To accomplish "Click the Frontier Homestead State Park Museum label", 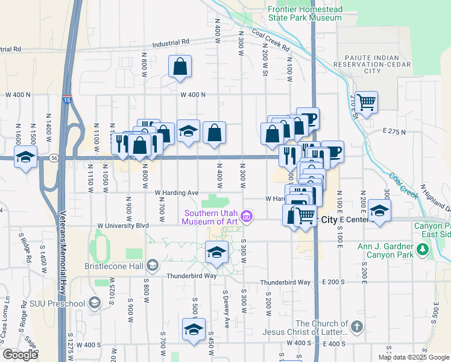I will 304,14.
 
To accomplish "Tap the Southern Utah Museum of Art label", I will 211,217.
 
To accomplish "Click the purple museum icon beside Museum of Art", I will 246,216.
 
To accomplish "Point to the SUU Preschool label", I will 60,302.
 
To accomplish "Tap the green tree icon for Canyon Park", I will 423,249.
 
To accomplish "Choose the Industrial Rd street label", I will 171,43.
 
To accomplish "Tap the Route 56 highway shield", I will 54,158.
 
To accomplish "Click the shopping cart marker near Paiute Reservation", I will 366,102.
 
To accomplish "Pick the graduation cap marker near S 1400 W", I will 26,157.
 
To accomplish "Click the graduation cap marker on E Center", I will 379,211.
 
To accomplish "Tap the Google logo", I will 20,354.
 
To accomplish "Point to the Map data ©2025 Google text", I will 413,357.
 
